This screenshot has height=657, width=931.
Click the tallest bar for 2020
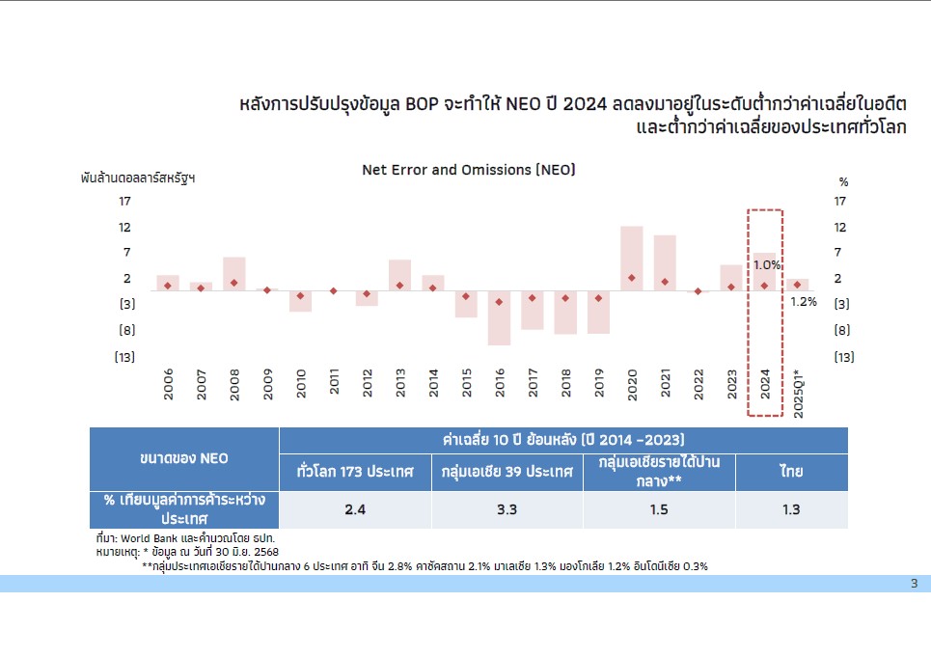[632, 258]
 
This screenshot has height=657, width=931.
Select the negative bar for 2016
[499, 317]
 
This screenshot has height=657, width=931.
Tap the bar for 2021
[665, 262]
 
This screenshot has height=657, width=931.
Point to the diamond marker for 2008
[233, 283]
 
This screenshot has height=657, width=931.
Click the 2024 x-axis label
[765, 383]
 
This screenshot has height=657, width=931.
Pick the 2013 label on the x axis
[399, 383]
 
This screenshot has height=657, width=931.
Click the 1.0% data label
[767, 265]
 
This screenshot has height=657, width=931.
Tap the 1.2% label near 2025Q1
[804, 301]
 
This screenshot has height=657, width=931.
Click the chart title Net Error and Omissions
[469, 170]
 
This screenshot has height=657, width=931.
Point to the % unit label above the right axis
[843, 181]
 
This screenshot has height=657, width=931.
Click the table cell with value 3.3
[507, 509]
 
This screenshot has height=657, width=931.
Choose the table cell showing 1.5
[659, 509]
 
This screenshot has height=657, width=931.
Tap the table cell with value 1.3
[791, 509]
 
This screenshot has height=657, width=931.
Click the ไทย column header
[791, 473]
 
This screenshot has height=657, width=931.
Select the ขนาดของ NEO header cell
[184, 458]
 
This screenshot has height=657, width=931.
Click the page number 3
[914, 583]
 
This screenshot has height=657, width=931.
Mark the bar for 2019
[598, 312]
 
